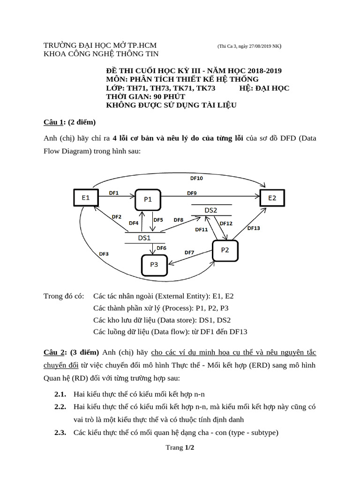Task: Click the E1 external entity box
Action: coord(86,198)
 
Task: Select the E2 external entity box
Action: coord(272,198)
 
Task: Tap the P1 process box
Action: coord(148,199)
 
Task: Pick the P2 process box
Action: coord(225,250)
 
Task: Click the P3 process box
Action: coord(154,265)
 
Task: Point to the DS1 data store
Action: coord(144,238)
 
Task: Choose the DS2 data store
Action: coord(211,210)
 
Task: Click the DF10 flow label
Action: coord(196,179)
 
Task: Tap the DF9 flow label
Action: coord(192,193)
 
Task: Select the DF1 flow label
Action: coord(114,193)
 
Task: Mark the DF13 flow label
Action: coord(254,228)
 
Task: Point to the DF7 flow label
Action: coord(189,253)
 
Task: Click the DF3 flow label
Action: coord(104,254)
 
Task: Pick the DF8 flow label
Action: coord(178,220)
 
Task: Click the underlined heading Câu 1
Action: coord(53,122)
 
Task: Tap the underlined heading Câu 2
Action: coord(53,352)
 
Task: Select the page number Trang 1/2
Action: coord(180,448)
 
